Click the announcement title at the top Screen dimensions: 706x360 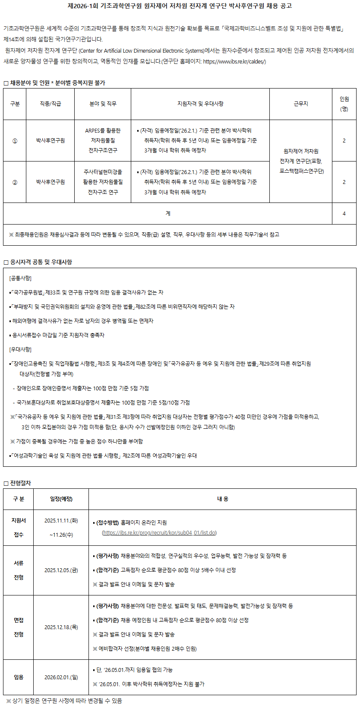[180, 6]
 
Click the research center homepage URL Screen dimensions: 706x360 [234, 61]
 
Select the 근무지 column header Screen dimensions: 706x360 [301, 104]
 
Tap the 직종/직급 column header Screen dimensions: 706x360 [51, 104]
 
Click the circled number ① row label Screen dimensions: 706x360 [15, 141]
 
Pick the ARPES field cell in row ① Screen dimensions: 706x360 [103, 140]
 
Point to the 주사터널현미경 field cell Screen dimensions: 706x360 [103, 182]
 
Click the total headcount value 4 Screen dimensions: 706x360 [344, 213]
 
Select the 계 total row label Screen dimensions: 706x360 [167, 213]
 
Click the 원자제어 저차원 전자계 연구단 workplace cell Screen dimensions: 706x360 [301, 161]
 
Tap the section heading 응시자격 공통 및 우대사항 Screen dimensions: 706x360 [41, 262]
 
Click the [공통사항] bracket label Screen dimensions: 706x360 [20, 278]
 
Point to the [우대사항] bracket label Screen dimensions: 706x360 [20, 349]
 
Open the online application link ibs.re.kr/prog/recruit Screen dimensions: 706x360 [159, 533]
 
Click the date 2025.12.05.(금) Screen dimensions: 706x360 [61, 570]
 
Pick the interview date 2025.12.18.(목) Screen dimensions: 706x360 [61, 627]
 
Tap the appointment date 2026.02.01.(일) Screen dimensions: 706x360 [61, 677]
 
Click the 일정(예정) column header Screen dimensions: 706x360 [61, 499]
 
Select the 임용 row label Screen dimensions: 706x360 [19, 677]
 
